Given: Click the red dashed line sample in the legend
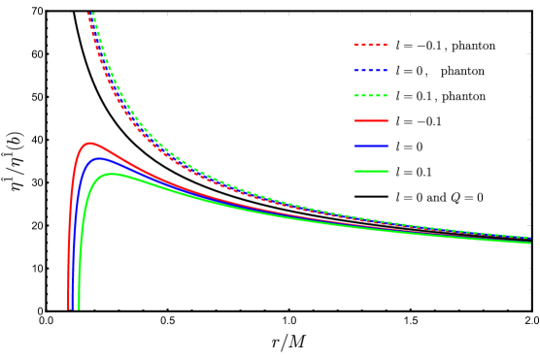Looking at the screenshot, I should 370,46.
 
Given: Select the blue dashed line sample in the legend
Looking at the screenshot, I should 370,71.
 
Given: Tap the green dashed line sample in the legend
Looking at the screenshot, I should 370,96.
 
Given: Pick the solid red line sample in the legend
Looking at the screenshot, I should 370,121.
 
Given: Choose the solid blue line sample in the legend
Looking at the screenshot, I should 370,147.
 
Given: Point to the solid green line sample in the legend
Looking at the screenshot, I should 370,172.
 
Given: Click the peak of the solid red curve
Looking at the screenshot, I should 91,144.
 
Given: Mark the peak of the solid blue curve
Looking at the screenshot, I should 99,158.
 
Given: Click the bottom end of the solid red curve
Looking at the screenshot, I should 68,309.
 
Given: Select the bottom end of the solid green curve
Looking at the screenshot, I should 79,309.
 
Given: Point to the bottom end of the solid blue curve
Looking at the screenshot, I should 73,309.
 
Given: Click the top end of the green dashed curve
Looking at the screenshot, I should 93,14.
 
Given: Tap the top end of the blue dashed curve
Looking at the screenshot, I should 90,14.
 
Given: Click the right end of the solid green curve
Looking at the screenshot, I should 529,243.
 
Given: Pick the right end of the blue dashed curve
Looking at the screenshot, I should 529,237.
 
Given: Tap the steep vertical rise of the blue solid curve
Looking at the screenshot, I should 75,243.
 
